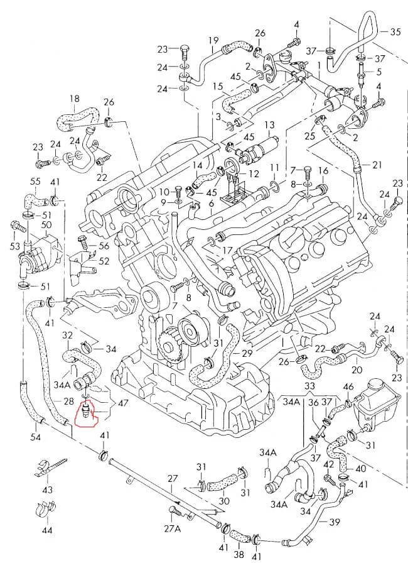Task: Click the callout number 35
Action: pos(395,31)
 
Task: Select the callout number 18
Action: pos(74,99)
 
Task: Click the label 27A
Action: pos(173,528)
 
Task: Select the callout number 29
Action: pos(246,354)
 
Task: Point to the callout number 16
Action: pos(324,171)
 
